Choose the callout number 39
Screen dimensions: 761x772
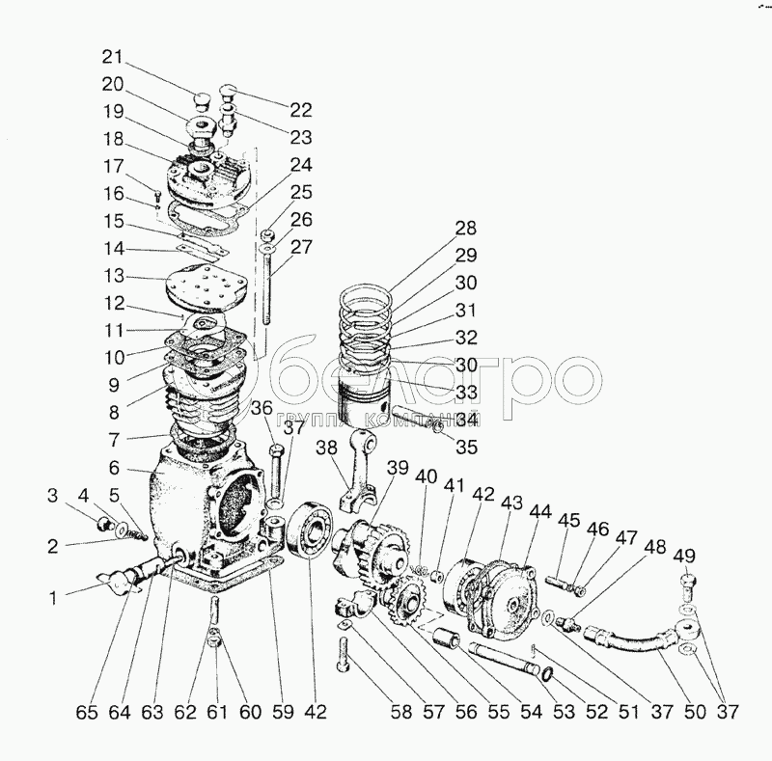click(x=398, y=469)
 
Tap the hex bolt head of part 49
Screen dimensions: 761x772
click(x=687, y=582)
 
